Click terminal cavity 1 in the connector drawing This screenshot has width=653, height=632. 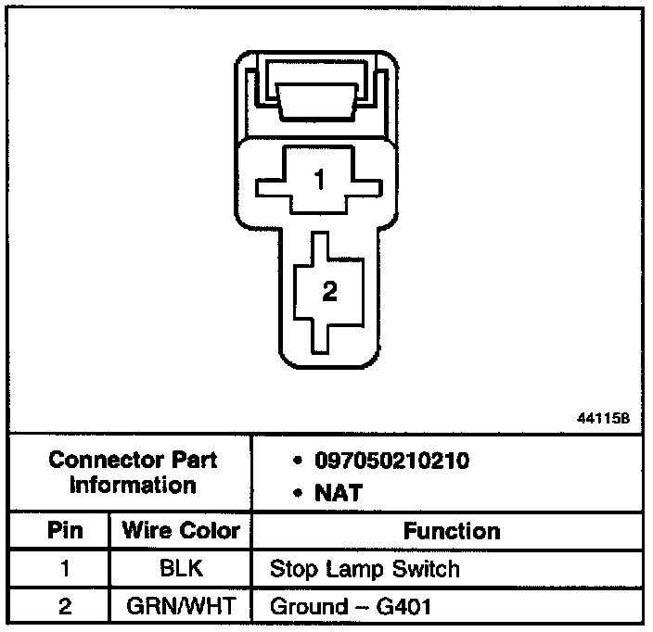[x=320, y=180]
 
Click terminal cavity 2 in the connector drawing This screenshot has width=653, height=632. [x=329, y=292]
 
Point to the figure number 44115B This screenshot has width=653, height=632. [x=604, y=418]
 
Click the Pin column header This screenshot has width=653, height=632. [x=65, y=531]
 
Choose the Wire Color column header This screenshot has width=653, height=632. [x=181, y=531]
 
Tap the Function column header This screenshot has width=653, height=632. [x=452, y=531]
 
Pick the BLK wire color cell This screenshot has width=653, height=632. [x=181, y=568]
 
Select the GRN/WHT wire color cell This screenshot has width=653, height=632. [x=181, y=607]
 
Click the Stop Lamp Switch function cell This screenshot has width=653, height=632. [x=364, y=568]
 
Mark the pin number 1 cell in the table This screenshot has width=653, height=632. [x=65, y=568]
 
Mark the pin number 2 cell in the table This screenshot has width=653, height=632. [x=65, y=607]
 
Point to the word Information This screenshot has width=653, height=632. [x=133, y=484]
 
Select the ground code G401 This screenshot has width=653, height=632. [x=404, y=607]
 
